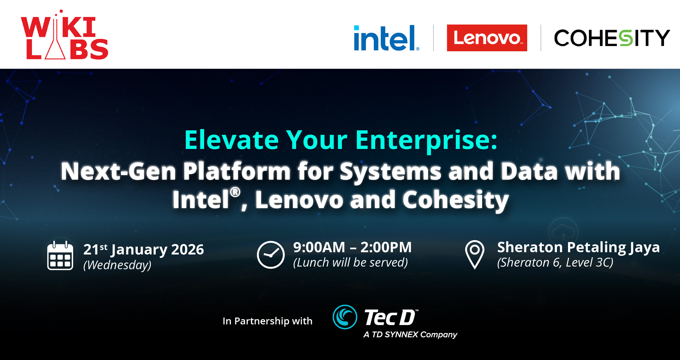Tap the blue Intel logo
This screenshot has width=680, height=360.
tap(387, 38)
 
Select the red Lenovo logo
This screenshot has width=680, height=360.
tap(487, 38)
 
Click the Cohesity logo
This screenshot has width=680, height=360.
tap(612, 38)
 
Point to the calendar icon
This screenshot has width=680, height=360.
tap(60, 255)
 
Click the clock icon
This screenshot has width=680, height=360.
tap(271, 255)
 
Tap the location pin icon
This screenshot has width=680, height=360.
tap(475, 254)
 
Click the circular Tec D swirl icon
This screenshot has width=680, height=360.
tap(345, 317)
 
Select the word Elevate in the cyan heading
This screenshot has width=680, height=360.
tap(231, 140)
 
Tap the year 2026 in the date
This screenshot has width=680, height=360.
tap(187, 250)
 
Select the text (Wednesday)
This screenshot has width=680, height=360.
tap(117, 265)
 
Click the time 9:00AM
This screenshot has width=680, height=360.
tap(319, 247)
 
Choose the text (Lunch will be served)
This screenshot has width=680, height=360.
tap(351, 263)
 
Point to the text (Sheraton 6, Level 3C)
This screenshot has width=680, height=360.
tap(555, 263)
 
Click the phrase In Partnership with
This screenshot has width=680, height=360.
tap(267, 321)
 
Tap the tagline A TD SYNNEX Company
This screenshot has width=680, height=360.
tap(410, 335)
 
